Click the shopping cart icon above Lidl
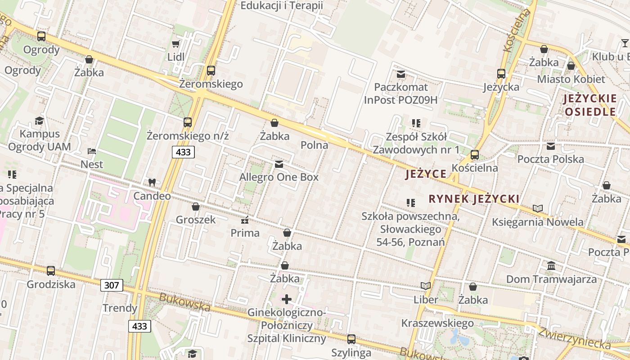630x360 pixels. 176,44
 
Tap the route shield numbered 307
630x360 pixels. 111,285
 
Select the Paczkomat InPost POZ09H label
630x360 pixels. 400,94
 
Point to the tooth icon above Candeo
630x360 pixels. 152,182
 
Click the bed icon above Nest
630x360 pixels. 92,151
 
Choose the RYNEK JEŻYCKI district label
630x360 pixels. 474,199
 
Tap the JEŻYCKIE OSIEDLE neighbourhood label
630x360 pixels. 589,105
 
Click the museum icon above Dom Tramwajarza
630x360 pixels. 551,265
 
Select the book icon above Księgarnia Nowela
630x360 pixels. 537,208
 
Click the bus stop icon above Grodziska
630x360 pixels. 51,270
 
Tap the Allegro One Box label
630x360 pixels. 279,177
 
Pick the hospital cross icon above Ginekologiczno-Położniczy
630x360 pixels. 287,299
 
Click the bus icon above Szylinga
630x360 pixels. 351,339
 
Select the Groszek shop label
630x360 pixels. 196,220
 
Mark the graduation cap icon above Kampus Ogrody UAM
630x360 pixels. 40,120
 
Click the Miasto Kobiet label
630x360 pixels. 571,79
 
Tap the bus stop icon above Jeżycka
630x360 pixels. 501,73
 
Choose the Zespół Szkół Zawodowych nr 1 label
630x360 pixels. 416,143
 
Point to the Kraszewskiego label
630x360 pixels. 437,323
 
